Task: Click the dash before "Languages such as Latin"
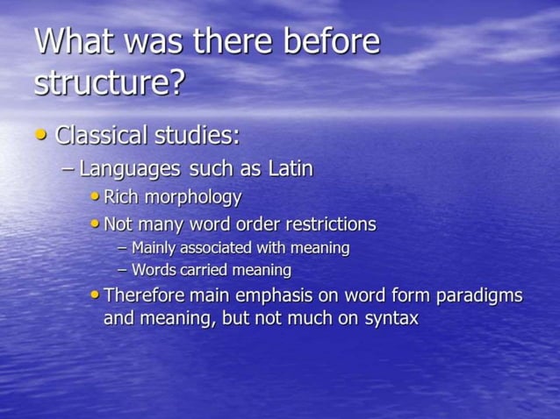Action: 68,167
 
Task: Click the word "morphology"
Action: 195,197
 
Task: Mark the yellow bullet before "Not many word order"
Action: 95,224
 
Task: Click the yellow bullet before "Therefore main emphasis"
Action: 95,295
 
